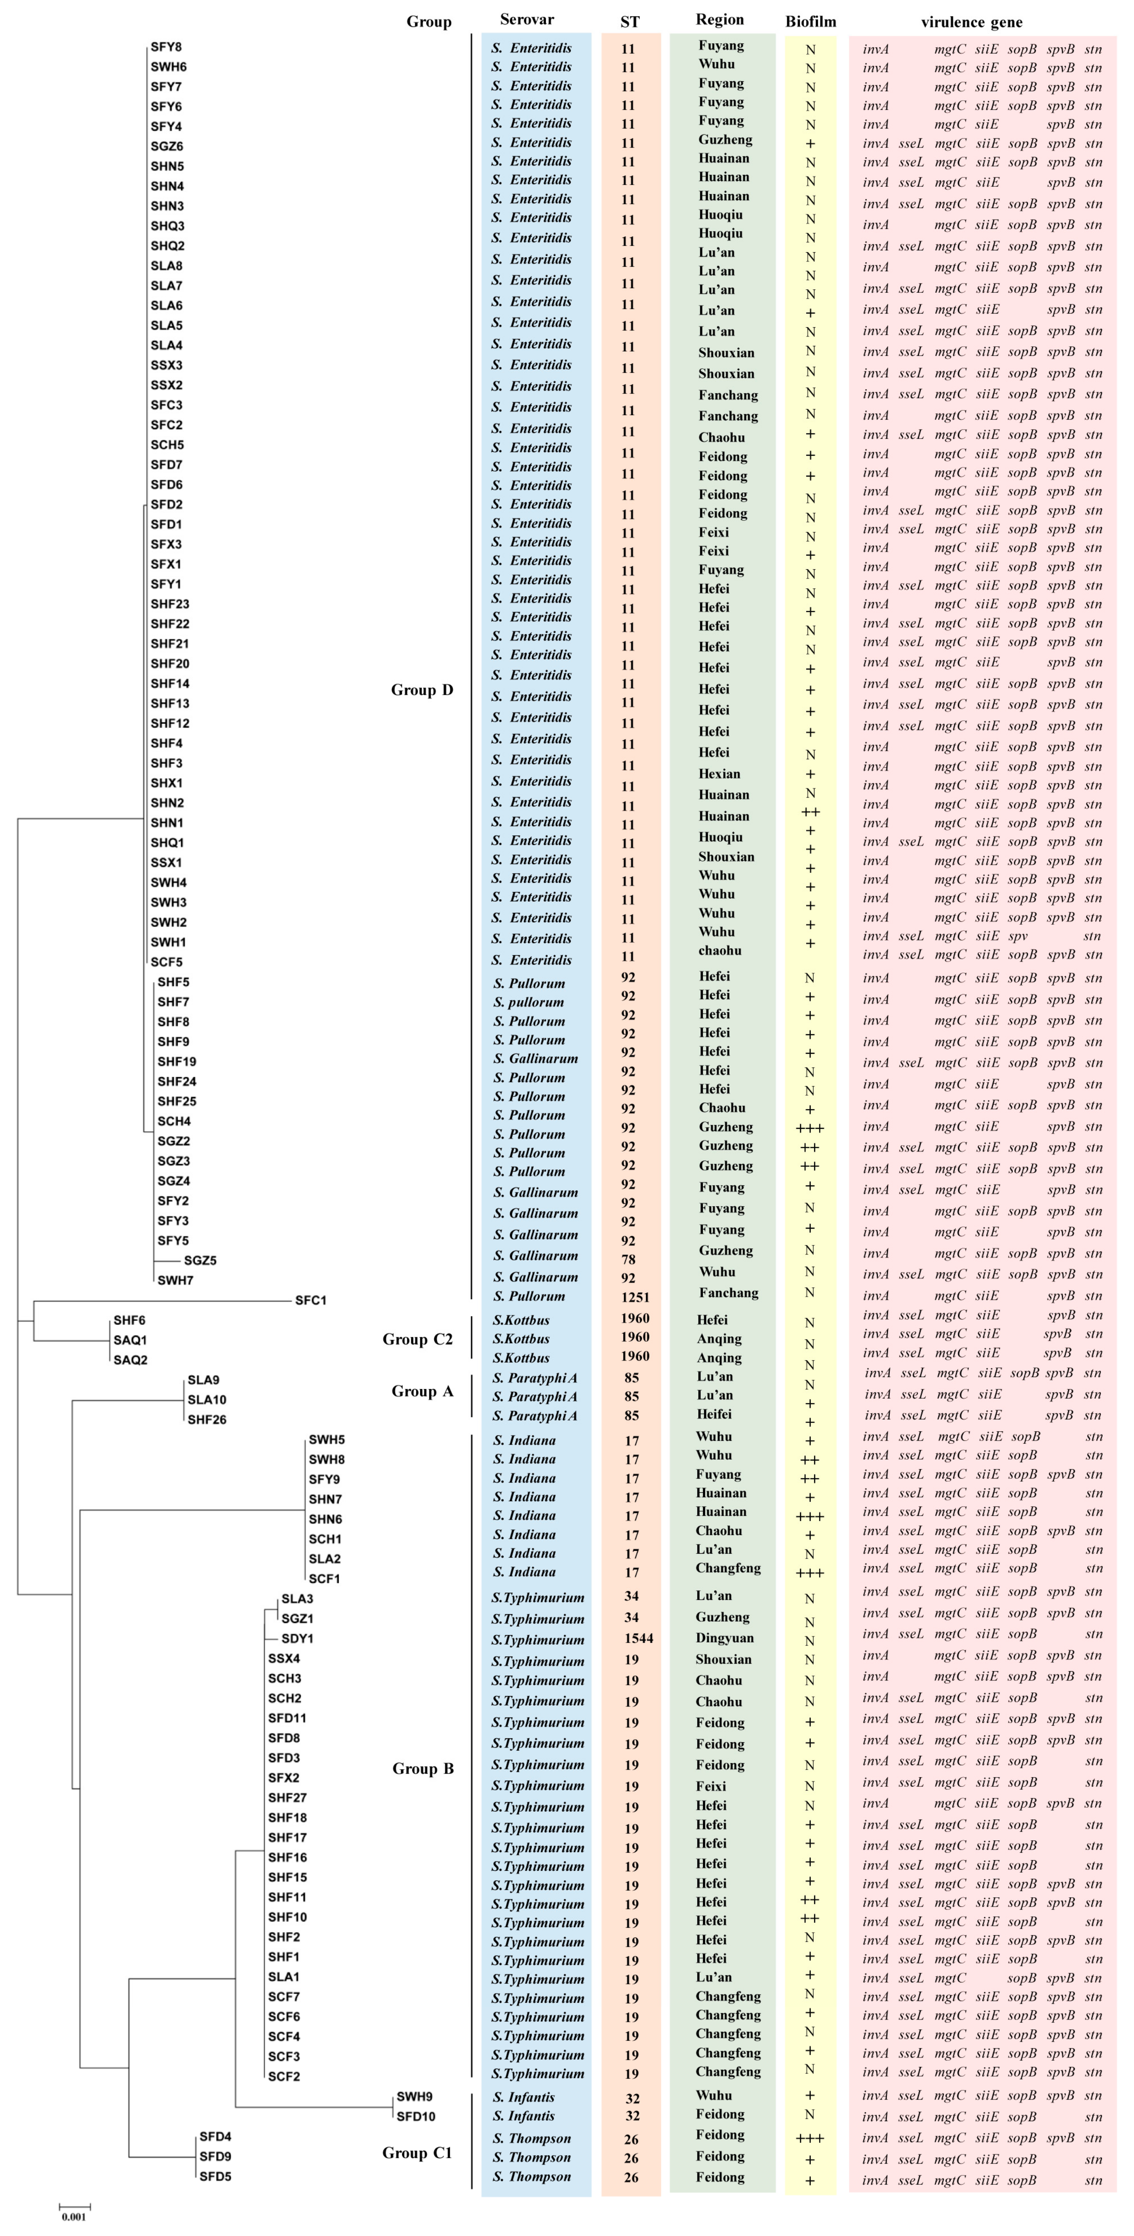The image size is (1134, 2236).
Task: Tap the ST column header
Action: pyautogui.click(x=630, y=22)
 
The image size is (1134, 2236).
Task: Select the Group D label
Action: pyautogui.click(x=422, y=690)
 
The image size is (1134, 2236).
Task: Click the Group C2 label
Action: pyautogui.click(x=417, y=1339)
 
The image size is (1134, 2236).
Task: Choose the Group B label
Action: pyautogui.click(x=423, y=1769)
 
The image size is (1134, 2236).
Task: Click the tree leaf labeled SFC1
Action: pyautogui.click(x=311, y=1300)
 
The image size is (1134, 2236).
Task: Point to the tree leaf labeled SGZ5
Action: pyautogui.click(x=200, y=1260)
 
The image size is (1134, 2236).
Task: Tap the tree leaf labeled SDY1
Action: pyautogui.click(x=297, y=1639)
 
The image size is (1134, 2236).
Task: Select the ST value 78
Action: pyautogui.click(x=629, y=1260)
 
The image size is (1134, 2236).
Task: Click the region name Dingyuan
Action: pyautogui.click(x=724, y=1638)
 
